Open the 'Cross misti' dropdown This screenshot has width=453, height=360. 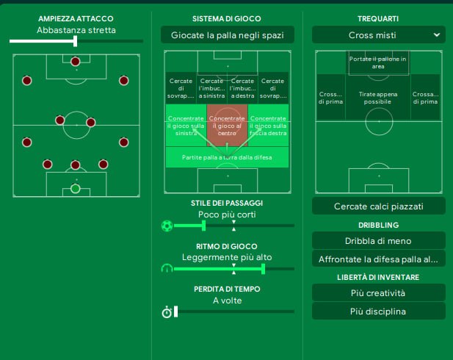[x=378, y=35]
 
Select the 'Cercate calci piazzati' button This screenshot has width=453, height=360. [x=378, y=206]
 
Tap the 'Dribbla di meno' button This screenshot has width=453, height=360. [x=378, y=240]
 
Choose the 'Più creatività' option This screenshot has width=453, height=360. [x=378, y=293]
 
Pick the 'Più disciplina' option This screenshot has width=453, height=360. [x=378, y=312]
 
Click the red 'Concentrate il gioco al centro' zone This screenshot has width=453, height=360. [x=227, y=125]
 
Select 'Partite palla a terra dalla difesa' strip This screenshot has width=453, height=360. [x=227, y=157]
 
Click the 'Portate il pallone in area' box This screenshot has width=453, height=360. [x=379, y=62]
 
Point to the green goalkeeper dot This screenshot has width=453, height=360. [x=75, y=188]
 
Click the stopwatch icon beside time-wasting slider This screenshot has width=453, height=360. [x=167, y=312]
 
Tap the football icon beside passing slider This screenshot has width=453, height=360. [x=167, y=226]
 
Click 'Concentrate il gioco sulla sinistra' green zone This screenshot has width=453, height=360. [x=186, y=125]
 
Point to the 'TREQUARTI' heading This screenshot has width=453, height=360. [x=378, y=18]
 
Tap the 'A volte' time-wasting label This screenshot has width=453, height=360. [x=227, y=300]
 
